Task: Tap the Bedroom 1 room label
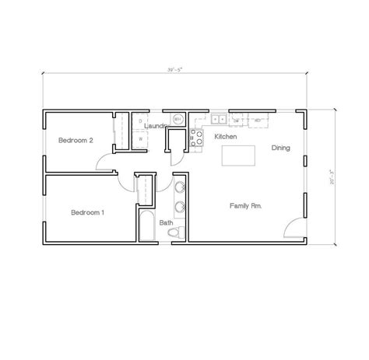(88, 212)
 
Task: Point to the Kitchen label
(225, 136)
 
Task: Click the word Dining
(281, 147)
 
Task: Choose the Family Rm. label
(244, 205)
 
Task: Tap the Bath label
(166, 222)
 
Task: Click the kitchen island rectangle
(241, 156)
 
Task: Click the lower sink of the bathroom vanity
(180, 207)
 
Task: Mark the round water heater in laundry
(177, 120)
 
